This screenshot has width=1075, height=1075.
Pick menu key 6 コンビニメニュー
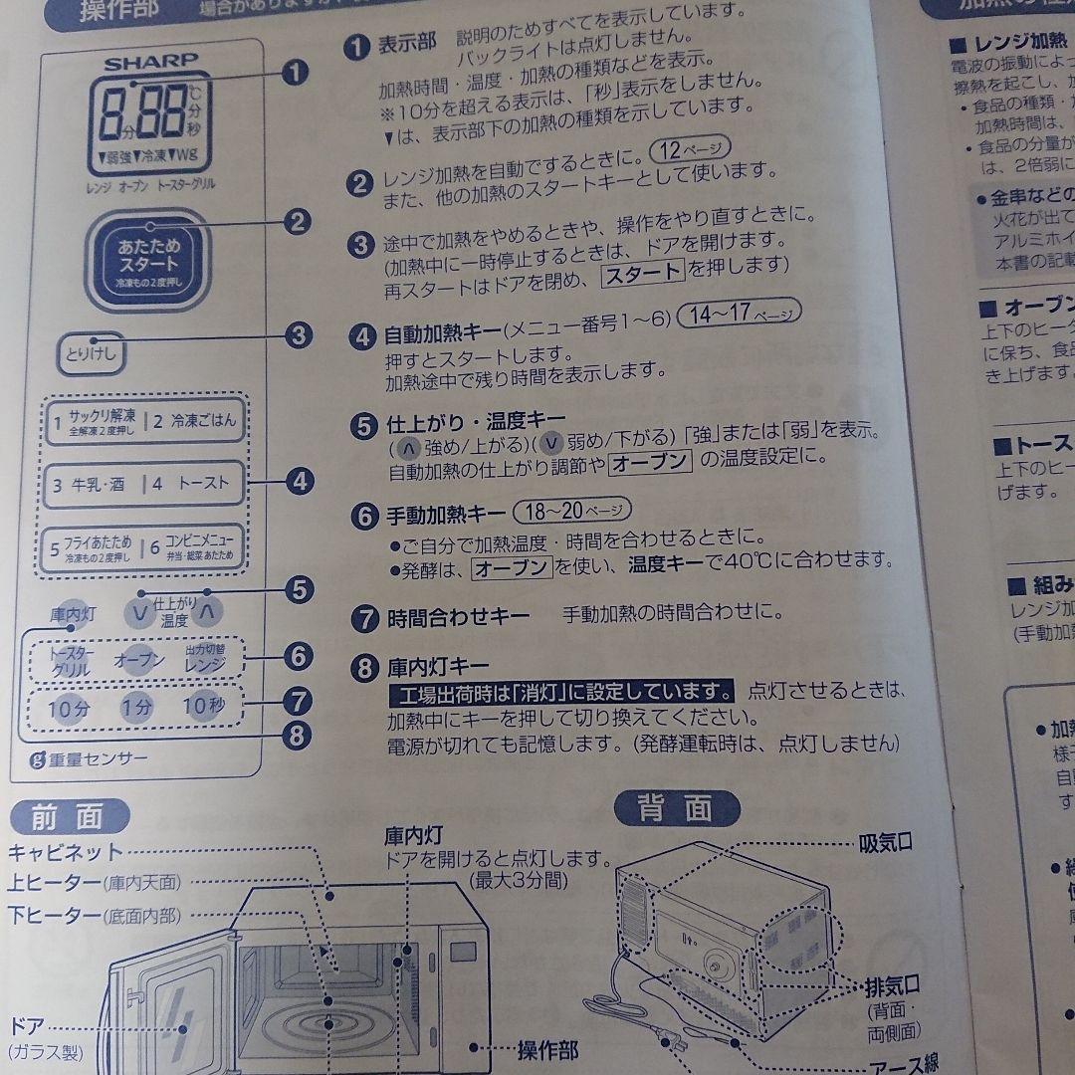coord(198,548)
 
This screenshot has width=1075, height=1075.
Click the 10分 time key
coord(70,709)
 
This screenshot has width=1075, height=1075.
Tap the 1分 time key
coord(136,708)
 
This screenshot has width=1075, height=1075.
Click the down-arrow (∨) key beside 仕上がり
coord(141,612)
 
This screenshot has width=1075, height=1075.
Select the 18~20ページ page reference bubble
coord(572,511)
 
